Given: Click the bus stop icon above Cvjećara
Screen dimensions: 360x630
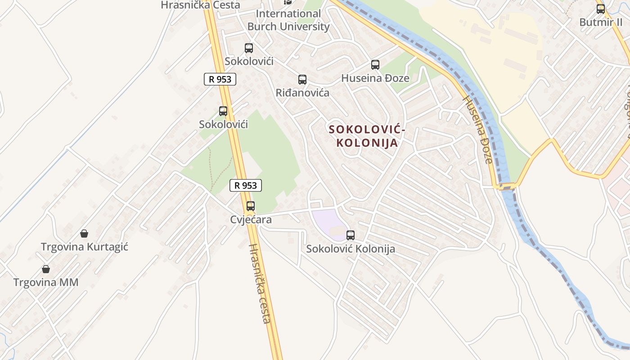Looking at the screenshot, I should pyautogui.click(x=251, y=206).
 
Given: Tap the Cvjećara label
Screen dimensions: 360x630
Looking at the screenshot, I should pyautogui.click(x=251, y=220).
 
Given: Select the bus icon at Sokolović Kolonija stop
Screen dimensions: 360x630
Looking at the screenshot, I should pyautogui.click(x=351, y=235).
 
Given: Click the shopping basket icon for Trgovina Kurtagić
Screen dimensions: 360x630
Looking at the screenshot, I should pyautogui.click(x=84, y=233).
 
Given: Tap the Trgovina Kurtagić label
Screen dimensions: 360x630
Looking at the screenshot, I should pyautogui.click(x=85, y=247).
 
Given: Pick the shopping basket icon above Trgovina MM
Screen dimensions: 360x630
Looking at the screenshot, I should pyautogui.click(x=46, y=269).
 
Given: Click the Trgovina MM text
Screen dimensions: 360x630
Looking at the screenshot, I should pyautogui.click(x=46, y=283).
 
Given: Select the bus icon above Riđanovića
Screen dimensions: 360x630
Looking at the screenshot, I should pyautogui.click(x=302, y=80).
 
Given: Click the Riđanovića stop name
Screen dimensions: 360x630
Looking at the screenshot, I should pyautogui.click(x=302, y=93).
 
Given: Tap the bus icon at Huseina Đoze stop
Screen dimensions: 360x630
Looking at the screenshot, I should pyautogui.click(x=375, y=65).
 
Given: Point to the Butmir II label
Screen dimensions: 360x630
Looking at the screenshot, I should pyautogui.click(x=601, y=22).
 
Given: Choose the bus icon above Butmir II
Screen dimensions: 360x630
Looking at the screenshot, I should pyautogui.click(x=601, y=9).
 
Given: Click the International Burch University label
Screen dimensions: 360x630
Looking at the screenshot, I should pyautogui.click(x=288, y=20).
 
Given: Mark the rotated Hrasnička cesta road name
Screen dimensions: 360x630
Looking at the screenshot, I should pyautogui.click(x=260, y=283).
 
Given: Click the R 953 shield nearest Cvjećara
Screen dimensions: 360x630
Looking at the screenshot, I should pyautogui.click(x=246, y=185).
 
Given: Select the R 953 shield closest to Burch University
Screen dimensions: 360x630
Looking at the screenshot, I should pyautogui.click(x=220, y=79).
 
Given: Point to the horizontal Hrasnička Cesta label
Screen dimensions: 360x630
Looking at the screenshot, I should pyautogui.click(x=201, y=5).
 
